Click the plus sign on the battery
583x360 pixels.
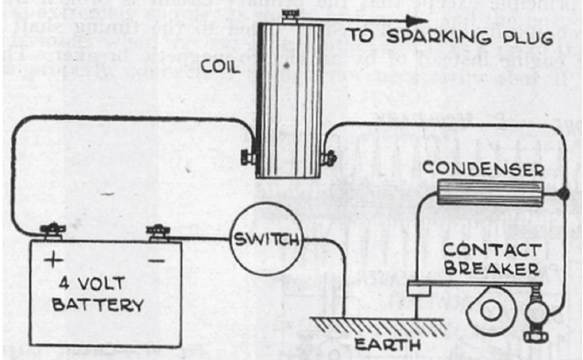(52, 260)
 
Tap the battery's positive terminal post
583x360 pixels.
(53, 227)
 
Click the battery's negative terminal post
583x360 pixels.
(155, 227)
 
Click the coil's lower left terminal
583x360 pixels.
(247, 156)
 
